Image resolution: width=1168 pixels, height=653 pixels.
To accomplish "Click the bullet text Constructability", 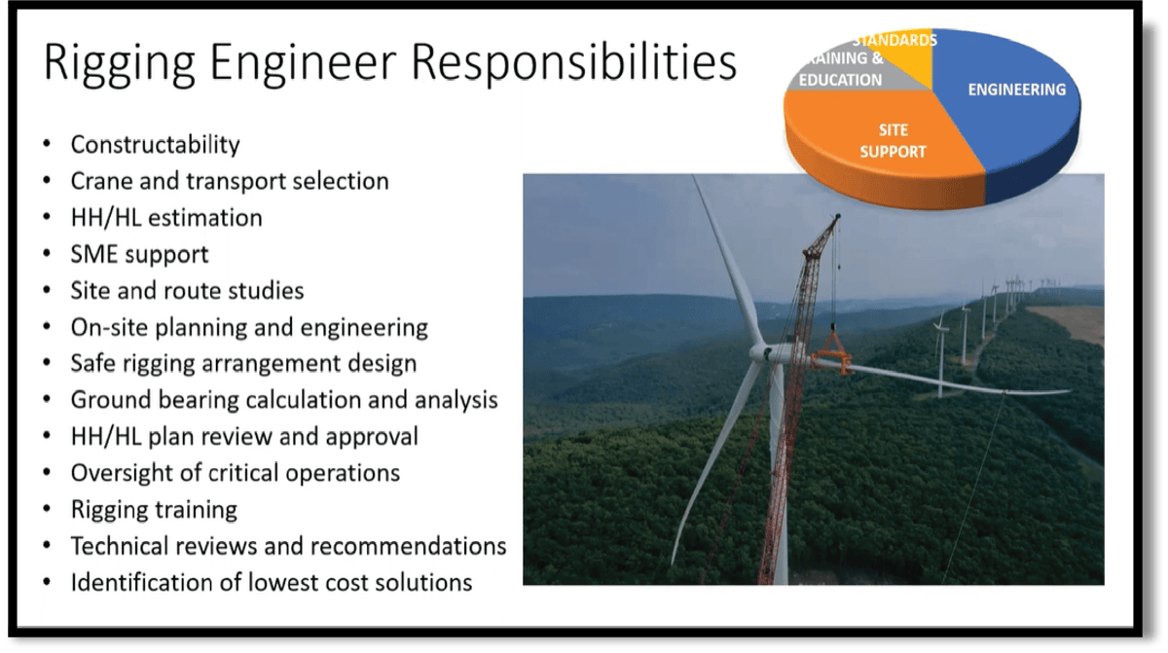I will pyautogui.click(x=155, y=145).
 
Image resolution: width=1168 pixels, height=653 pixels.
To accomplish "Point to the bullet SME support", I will pyautogui.click(x=139, y=254).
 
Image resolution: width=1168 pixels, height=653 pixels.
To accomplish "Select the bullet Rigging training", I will pyautogui.click(x=154, y=509).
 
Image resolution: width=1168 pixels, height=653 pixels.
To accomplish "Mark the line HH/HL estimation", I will pyautogui.click(x=165, y=218).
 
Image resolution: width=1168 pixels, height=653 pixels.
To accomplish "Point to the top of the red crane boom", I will pyautogui.click(x=834, y=220).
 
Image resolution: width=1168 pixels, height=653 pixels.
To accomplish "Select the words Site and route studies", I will pyautogui.click(x=187, y=291).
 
